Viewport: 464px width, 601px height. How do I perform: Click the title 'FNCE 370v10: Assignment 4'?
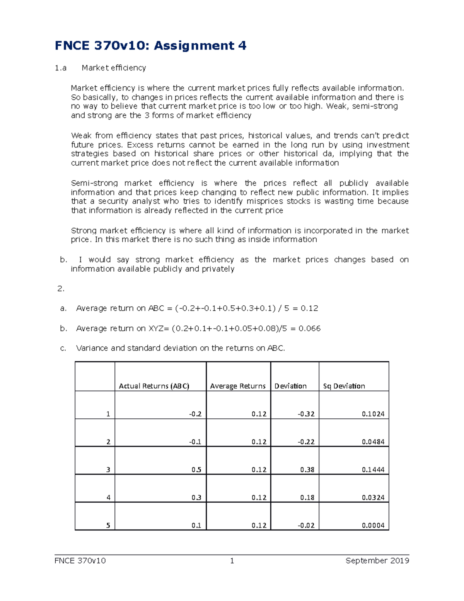pos(150,46)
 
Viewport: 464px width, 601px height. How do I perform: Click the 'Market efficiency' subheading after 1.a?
pos(114,68)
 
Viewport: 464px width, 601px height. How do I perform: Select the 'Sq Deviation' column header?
pos(344,386)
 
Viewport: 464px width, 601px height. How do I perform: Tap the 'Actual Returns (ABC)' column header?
pos(154,386)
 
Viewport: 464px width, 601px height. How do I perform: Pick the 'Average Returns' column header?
pos(237,386)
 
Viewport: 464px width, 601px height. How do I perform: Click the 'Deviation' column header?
pos(290,386)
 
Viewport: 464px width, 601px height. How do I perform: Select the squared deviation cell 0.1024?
pos(373,414)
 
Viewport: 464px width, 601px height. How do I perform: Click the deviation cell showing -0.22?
pos(306,442)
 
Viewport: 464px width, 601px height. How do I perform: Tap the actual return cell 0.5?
pos(196,470)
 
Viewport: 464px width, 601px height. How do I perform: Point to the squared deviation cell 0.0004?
pos(373,526)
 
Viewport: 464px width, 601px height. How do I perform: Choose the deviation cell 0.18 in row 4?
pos(307,498)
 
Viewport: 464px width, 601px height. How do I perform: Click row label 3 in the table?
pos(108,470)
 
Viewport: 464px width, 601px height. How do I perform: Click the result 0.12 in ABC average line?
pos(309,308)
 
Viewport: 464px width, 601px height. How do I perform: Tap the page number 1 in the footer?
pos(232,561)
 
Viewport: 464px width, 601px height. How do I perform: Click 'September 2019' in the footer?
pos(377,561)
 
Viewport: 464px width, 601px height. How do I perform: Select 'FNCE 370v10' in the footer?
pos(80,561)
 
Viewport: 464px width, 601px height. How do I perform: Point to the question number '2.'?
pos(61,289)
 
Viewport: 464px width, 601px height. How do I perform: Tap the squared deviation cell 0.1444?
pos(373,470)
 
